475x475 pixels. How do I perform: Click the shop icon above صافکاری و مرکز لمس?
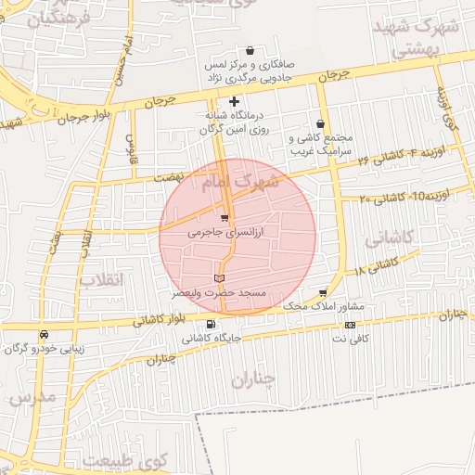(250, 51)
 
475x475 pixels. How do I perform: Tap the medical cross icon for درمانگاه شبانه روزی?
(235, 101)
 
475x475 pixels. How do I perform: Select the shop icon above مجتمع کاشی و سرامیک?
(321, 123)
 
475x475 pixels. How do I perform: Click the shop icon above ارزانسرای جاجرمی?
(224, 218)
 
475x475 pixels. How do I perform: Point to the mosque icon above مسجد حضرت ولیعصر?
(219, 277)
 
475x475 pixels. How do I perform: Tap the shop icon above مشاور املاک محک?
(323, 292)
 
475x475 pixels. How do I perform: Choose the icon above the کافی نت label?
(350, 326)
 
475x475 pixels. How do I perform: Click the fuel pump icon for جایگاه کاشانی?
(211, 325)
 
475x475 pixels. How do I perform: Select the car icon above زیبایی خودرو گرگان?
(44, 334)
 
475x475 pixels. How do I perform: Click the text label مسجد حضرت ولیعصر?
(219, 292)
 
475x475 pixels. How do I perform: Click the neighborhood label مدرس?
(33, 397)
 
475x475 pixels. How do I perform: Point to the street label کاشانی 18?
(375, 266)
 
